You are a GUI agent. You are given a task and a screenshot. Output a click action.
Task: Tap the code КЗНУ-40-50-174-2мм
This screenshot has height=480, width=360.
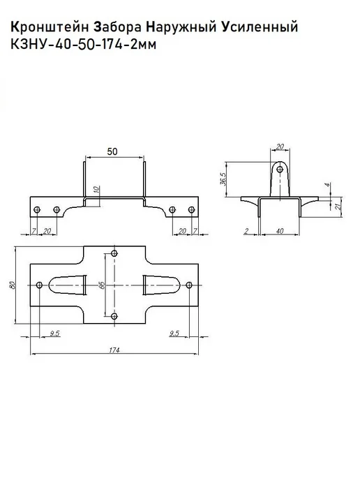[84, 45]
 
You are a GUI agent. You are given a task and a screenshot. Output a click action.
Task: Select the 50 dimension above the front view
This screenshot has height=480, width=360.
[112, 151]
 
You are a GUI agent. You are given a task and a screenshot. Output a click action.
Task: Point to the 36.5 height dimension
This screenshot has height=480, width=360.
[223, 179]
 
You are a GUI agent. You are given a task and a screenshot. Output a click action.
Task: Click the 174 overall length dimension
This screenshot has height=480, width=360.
[114, 350]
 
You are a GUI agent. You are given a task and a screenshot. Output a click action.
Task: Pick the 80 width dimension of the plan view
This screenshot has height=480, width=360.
[13, 285]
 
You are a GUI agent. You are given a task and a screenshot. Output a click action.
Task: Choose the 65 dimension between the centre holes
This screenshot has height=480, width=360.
[103, 285]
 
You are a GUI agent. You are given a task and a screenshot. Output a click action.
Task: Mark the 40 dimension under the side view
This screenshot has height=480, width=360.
[280, 231]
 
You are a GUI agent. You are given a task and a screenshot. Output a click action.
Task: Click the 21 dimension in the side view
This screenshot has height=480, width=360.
[338, 207]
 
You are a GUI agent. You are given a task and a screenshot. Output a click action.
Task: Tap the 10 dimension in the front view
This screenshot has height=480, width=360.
[97, 189]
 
